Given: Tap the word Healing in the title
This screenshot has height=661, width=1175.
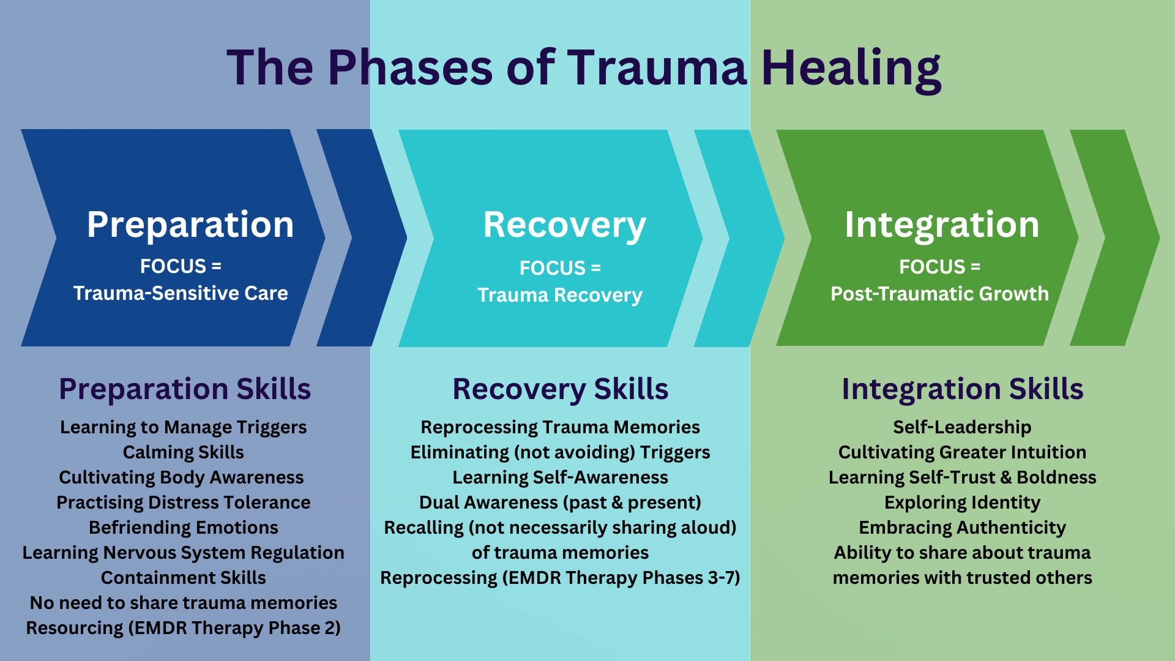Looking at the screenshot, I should [851, 69].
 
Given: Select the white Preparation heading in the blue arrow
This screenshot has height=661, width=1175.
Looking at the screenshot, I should [190, 225].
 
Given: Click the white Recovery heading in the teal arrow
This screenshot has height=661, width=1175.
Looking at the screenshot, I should [564, 225].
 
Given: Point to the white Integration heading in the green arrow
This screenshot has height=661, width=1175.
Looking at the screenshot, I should [942, 225].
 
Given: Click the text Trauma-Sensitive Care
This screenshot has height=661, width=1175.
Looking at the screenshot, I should [181, 293].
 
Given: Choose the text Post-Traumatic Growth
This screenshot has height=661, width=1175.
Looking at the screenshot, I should [939, 294].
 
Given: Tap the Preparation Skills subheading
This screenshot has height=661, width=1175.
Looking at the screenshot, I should [185, 389].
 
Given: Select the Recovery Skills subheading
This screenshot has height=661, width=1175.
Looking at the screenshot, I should [560, 389].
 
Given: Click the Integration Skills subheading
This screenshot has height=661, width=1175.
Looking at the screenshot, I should [962, 389].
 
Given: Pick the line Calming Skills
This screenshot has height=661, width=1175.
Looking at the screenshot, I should [183, 452].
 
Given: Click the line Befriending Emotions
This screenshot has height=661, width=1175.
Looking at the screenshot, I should [183, 528].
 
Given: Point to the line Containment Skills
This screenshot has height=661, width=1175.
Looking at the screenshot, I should [183, 578].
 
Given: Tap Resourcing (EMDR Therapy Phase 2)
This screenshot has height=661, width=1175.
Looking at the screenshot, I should [183, 628].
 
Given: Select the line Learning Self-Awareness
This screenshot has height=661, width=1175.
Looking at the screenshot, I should [560, 477].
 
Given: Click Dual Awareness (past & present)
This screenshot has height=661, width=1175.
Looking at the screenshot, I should [560, 502].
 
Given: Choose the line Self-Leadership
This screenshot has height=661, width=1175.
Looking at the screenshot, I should [962, 427].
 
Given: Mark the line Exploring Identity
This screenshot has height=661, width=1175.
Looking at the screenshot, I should [962, 502].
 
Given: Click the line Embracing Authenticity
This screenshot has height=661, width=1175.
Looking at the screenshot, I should [962, 528].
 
